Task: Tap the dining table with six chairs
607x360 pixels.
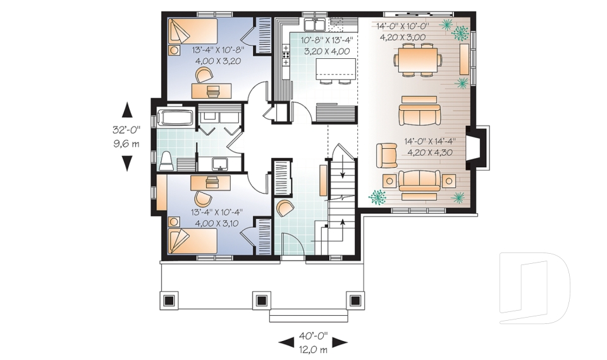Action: (x=417, y=60)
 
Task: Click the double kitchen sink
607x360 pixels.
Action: (x=314, y=25)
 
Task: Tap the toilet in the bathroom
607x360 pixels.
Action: (x=166, y=161)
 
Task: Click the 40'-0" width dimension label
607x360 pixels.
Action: (x=313, y=335)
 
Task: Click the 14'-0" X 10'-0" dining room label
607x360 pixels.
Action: (x=403, y=27)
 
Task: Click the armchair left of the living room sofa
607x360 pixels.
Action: (x=386, y=154)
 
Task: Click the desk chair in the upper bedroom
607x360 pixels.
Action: (x=204, y=75)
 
